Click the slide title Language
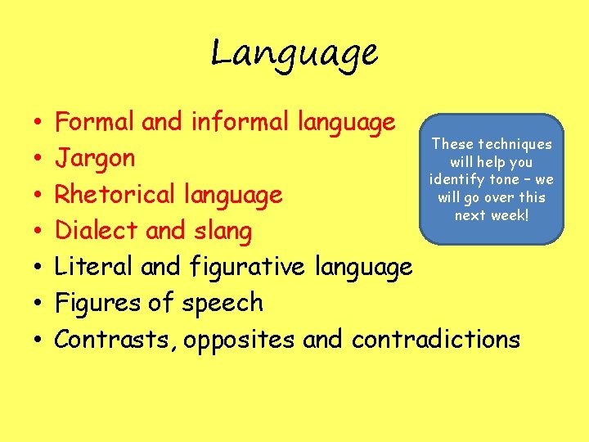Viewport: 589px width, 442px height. coord(294,54)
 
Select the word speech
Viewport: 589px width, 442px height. coord(222,304)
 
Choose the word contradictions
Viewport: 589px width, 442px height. coord(436,339)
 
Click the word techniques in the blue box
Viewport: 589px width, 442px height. coord(515,145)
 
